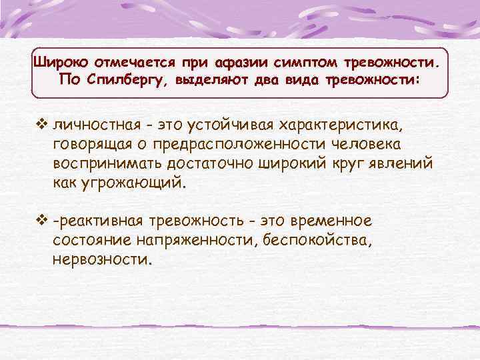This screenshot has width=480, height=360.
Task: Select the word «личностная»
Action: (97, 125)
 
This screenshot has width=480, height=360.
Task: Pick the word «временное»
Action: (333, 221)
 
